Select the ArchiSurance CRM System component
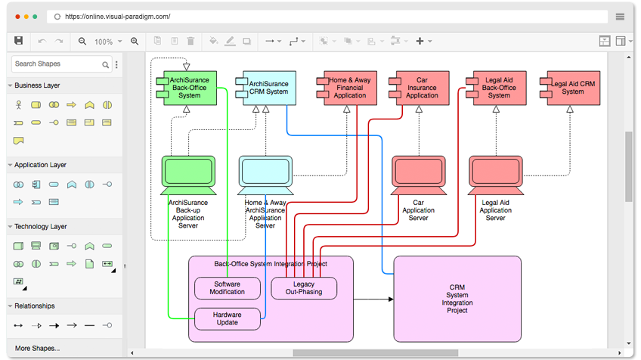tap(266, 88)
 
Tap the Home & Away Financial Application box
tap(347, 88)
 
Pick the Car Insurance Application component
tap(420, 88)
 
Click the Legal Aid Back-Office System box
tap(497, 88)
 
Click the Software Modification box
tap(228, 288)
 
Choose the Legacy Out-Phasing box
tap(304, 288)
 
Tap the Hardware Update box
tap(228, 318)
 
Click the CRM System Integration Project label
tap(457, 299)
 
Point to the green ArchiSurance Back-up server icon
tap(188, 175)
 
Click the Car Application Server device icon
tap(419, 175)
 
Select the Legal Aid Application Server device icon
tap(496, 175)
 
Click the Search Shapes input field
tap(57, 64)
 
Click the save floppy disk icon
tap(18, 41)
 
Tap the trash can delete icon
tap(190, 41)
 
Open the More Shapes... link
tap(37, 348)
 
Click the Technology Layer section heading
tap(41, 226)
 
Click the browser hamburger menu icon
tap(620, 17)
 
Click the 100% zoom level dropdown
tap(108, 42)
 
